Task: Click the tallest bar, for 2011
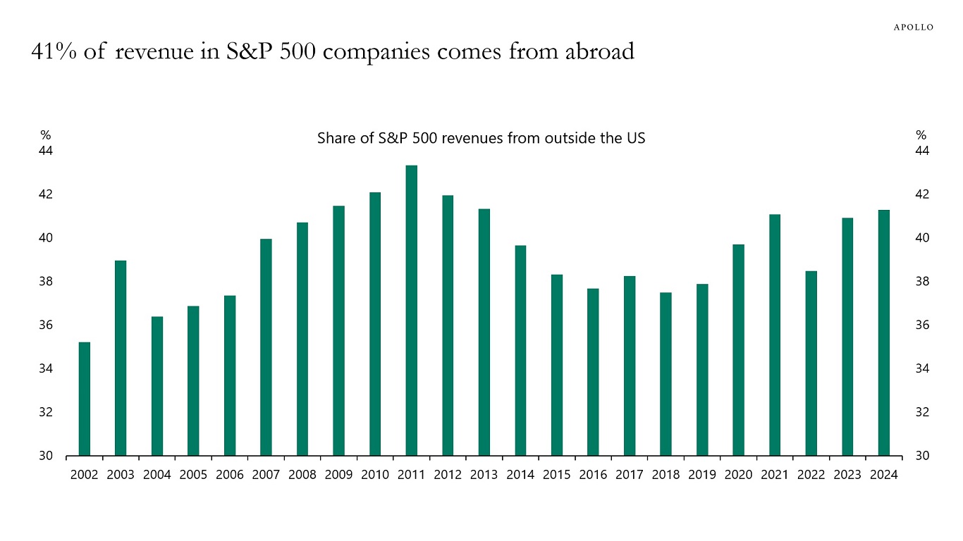tap(411, 310)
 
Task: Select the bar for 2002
tap(85, 399)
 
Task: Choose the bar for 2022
tap(811, 363)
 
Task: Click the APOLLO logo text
tap(914, 27)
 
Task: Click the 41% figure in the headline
tap(54, 51)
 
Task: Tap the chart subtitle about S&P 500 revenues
tap(481, 139)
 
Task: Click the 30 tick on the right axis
tap(923, 456)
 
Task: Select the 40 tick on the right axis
tap(923, 238)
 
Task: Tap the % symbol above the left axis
tap(46, 135)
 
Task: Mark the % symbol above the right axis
tap(921, 135)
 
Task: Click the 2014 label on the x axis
tap(520, 475)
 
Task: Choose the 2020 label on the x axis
tap(738, 475)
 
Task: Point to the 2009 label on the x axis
tap(338, 475)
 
